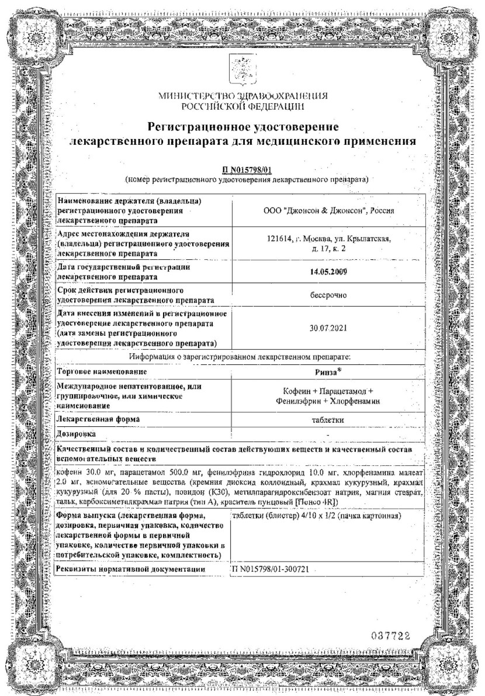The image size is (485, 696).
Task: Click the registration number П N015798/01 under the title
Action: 242,170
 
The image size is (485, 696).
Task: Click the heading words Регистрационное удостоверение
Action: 243,127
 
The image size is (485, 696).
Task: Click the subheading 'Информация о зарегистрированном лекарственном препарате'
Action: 242,355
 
